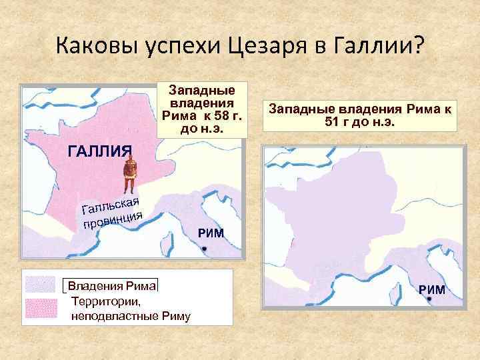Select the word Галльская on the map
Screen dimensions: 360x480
[x=110, y=203]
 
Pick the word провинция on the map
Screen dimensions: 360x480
[x=113, y=219]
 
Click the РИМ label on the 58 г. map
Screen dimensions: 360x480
[x=210, y=233]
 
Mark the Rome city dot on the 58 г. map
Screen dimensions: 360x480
[x=205, y=249]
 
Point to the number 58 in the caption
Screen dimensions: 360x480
[x=220, y=116]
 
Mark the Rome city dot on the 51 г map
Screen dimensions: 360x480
[x=429, y=300]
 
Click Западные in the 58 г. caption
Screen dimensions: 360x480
[x=202, y=89]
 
